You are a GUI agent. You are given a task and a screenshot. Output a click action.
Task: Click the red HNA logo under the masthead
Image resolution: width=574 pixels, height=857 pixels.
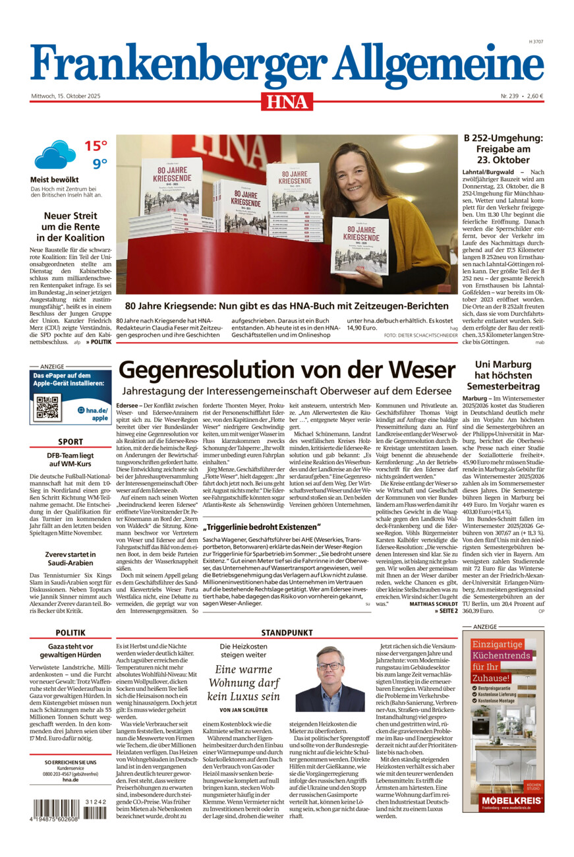(x=287, y=101)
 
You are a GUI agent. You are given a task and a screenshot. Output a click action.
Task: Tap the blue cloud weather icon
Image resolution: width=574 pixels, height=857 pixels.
(x=55, y=155)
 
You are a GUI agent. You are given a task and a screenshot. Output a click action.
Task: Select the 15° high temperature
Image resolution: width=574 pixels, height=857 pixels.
(x=96, y=146)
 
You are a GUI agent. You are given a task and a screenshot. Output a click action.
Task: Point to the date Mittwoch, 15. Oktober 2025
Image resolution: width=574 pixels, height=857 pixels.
(x=65, y=96)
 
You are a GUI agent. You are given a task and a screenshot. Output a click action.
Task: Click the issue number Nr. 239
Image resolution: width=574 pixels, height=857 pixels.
(x=509, y=96)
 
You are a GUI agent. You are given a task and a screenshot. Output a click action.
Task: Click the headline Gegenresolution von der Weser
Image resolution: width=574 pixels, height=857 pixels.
(x=287, y=369)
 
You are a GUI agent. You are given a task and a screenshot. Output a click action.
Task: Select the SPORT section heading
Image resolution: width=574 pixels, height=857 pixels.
(x=71, y=442)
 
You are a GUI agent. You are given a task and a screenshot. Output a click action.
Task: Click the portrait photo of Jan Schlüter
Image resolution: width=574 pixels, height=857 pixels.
(x=330, y=679)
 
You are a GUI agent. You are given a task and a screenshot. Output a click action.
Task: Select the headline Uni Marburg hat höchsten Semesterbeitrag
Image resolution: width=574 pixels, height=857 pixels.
(x=503, y=375)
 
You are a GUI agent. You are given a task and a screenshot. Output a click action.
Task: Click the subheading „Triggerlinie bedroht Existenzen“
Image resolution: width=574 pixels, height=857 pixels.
(x=262, y=527)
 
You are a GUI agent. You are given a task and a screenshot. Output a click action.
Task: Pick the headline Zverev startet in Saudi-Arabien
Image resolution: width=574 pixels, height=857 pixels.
(x=71, y=560)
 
